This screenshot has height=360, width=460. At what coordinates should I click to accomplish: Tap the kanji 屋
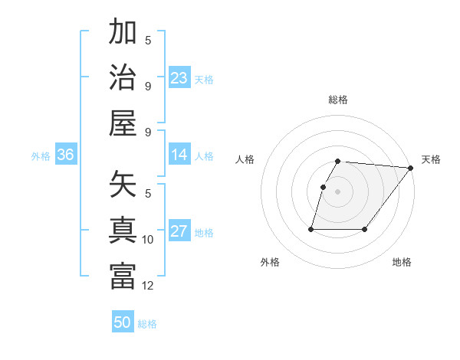click(x=123, y=123)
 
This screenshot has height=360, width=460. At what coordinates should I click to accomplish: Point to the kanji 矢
click(x=123, y=185)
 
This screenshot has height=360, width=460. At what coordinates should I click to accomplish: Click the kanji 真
click(x=123, y=231)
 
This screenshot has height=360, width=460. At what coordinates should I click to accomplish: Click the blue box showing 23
click(x=179, y=77)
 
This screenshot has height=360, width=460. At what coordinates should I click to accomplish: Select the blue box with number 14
click(x=179, y=155)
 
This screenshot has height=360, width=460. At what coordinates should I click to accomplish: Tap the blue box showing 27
click(x=179, y=231)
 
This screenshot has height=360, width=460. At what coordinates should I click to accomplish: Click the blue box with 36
click(x=65, y=155)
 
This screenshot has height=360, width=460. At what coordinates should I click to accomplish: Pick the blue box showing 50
click(x=123, y=322)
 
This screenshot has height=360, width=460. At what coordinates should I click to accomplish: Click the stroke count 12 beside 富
click(x=148, y=286)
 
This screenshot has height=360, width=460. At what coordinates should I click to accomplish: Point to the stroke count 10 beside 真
click(x=148, y=240)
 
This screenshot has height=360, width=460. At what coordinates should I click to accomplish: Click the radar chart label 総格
click(x=338, y=100)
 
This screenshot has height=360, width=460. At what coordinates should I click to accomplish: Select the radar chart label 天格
click(x=431, y=159)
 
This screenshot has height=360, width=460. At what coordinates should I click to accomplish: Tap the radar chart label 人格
click(x=245, y=159)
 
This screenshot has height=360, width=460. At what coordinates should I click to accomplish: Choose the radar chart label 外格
click(x=270, y=262)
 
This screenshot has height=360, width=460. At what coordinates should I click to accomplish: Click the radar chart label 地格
click(x=402, y=262)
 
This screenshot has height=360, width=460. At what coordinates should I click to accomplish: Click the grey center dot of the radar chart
click(x=337, y=191)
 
